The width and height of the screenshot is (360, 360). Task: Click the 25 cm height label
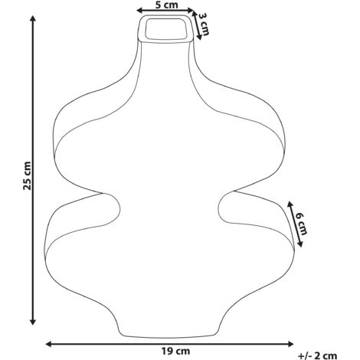click(x=27, y=175)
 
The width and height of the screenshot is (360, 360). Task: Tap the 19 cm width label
click(x=175, y=352)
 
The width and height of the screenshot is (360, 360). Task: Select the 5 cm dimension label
click(x=167, y=5)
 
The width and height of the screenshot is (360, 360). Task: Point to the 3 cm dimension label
click(x=204, y=25)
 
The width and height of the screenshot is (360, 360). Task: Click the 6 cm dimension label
click(x=301, y=224)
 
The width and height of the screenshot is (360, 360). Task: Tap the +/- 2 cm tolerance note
click(x=317, y=355)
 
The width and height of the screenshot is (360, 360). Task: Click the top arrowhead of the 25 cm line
click(x=33, y=18)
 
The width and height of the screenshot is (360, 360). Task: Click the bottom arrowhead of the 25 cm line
click(x=33, y=322)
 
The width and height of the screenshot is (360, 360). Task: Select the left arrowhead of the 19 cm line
click(x=48, y=344)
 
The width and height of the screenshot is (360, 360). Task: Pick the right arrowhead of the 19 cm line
click(x=290, y=344)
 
